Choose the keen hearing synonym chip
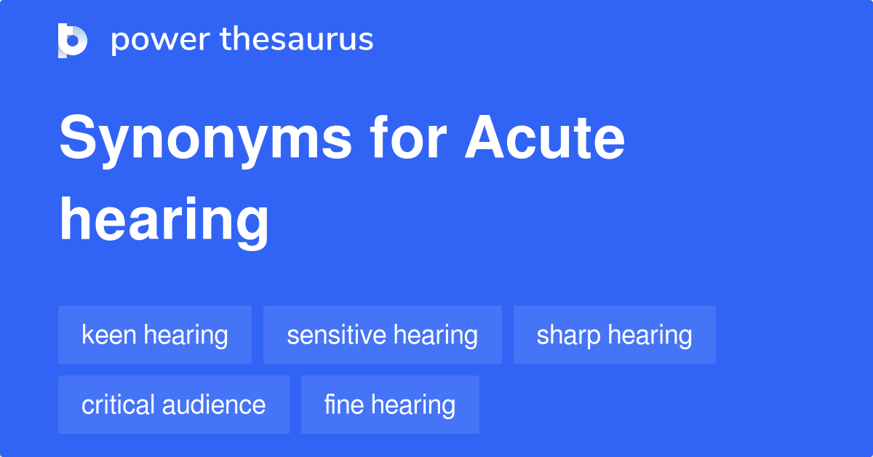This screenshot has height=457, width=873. point(155,335)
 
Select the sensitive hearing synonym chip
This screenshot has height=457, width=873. point(382,335)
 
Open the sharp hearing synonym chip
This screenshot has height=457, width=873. point(614,335)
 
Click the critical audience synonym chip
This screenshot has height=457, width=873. point(173,405)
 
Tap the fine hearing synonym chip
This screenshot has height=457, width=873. point(390,405)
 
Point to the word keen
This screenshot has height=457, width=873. point(110,335)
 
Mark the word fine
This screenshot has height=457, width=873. point(343,405)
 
